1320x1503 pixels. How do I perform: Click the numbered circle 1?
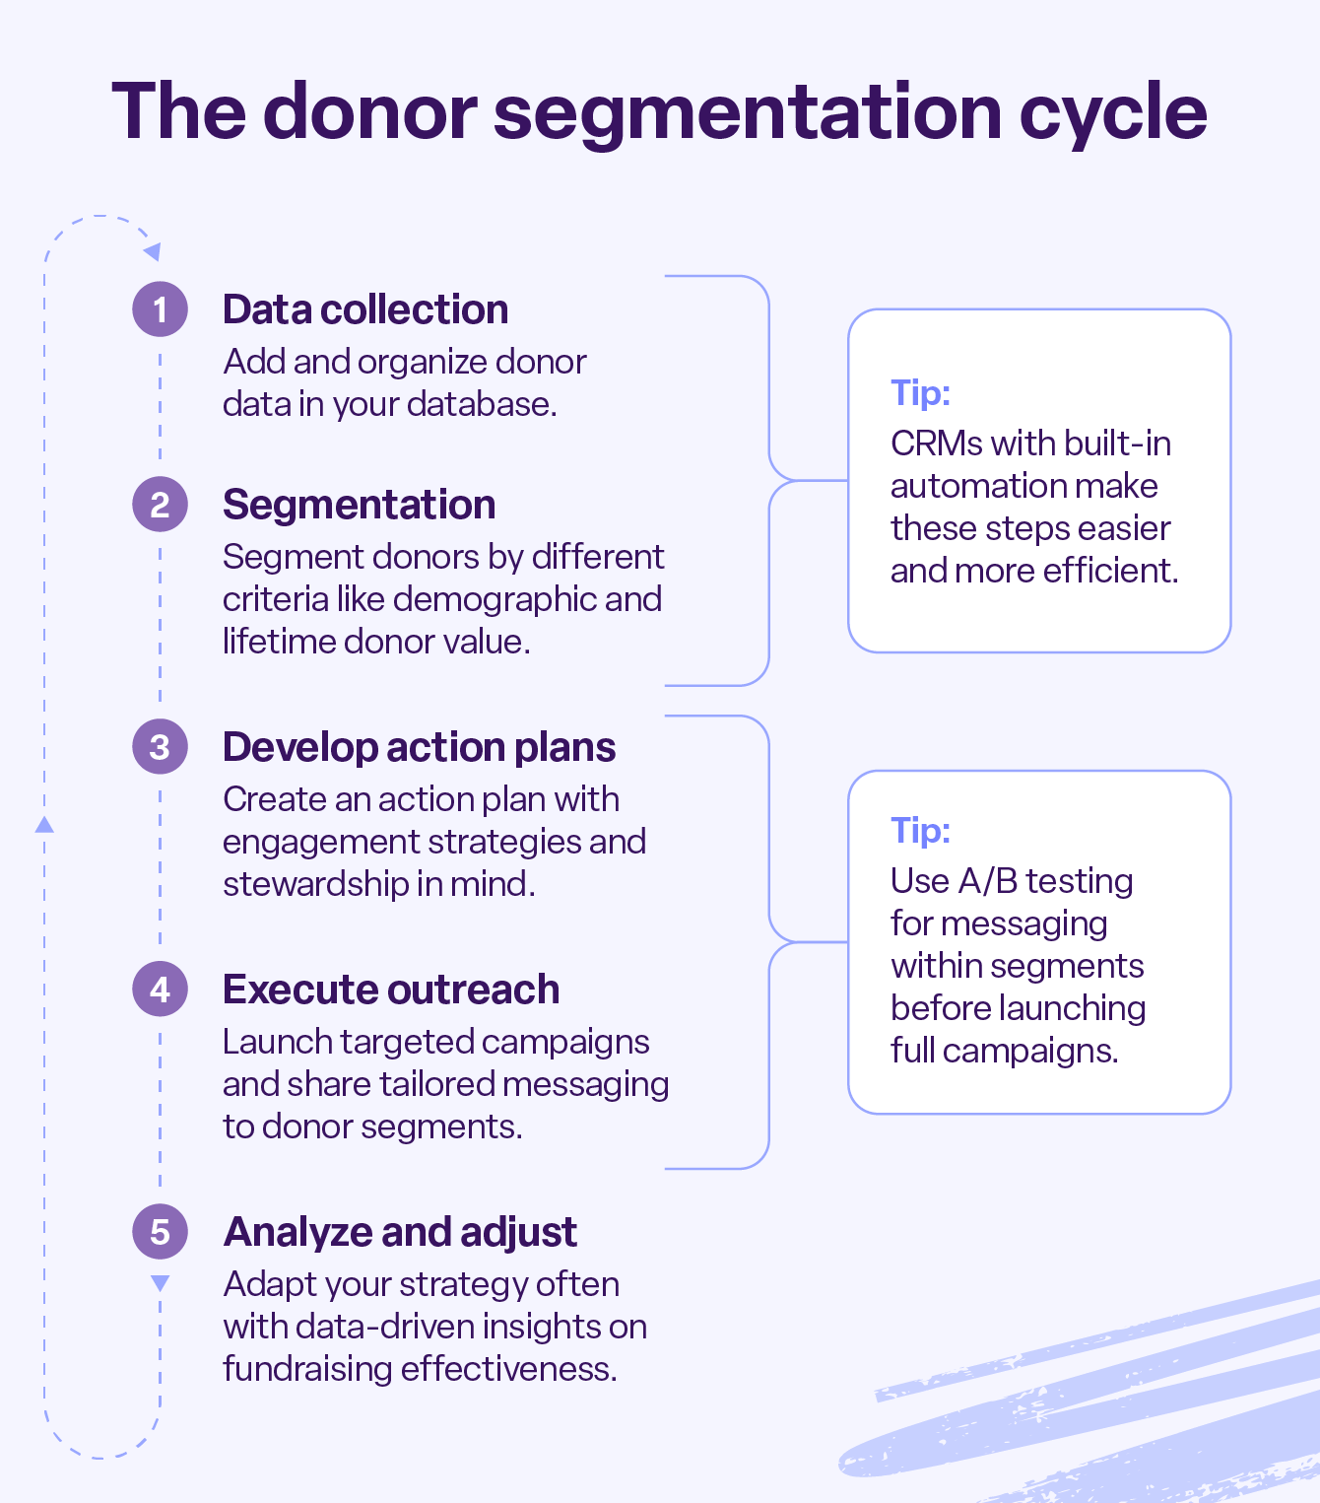[160, 309]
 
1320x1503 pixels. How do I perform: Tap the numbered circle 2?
[160, 505]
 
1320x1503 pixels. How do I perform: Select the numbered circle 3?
[160, 747]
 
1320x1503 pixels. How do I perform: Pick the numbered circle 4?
[160, 989]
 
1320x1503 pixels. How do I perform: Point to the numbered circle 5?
[160, 1231]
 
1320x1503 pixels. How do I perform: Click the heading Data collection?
[365, 309]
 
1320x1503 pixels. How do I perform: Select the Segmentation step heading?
[359, 505]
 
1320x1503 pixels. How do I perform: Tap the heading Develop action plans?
[419, 747]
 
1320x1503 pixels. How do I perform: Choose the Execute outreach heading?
[390, 990]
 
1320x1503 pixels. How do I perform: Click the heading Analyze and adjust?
[400, 1232]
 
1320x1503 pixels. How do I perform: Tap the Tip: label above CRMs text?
[920, 392]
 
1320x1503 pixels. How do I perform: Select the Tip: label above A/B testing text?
[920, 830]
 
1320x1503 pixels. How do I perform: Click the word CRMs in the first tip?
[936, 444]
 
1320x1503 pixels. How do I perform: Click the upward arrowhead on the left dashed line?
[44, 824]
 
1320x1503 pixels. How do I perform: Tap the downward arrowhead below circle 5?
[160, 1283]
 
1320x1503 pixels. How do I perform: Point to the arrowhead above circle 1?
[152, 252]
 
